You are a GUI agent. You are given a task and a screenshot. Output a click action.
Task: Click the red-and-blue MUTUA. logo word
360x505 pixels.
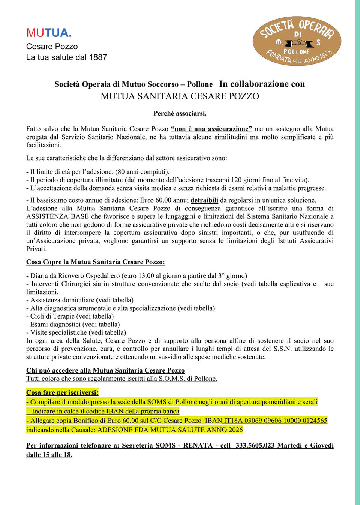(49, 33)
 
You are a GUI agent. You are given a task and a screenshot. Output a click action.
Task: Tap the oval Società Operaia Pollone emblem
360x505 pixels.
(297, 41)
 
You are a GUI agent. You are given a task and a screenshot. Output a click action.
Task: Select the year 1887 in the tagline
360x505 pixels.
(98, 57)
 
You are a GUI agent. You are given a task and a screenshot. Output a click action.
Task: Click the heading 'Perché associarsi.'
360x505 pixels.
(180, 113)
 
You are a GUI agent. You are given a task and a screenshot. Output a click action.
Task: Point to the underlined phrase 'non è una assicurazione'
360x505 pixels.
(211, 129)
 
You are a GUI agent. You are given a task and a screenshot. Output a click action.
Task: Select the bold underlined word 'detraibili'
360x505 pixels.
(204, 200)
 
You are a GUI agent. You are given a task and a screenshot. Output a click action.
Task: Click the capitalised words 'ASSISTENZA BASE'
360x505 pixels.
(57, 216)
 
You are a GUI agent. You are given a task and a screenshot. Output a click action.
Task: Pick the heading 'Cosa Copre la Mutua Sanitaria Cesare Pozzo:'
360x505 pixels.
(95, 262)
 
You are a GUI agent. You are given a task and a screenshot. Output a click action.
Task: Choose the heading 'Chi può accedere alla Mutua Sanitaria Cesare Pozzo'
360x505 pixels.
(105, 370)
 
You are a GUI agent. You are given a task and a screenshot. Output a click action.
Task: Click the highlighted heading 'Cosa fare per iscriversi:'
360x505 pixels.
(62, 392)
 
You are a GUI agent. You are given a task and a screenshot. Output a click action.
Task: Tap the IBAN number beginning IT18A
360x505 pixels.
(276, 421)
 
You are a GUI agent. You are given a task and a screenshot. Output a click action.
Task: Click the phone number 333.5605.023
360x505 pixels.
(255, 446)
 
